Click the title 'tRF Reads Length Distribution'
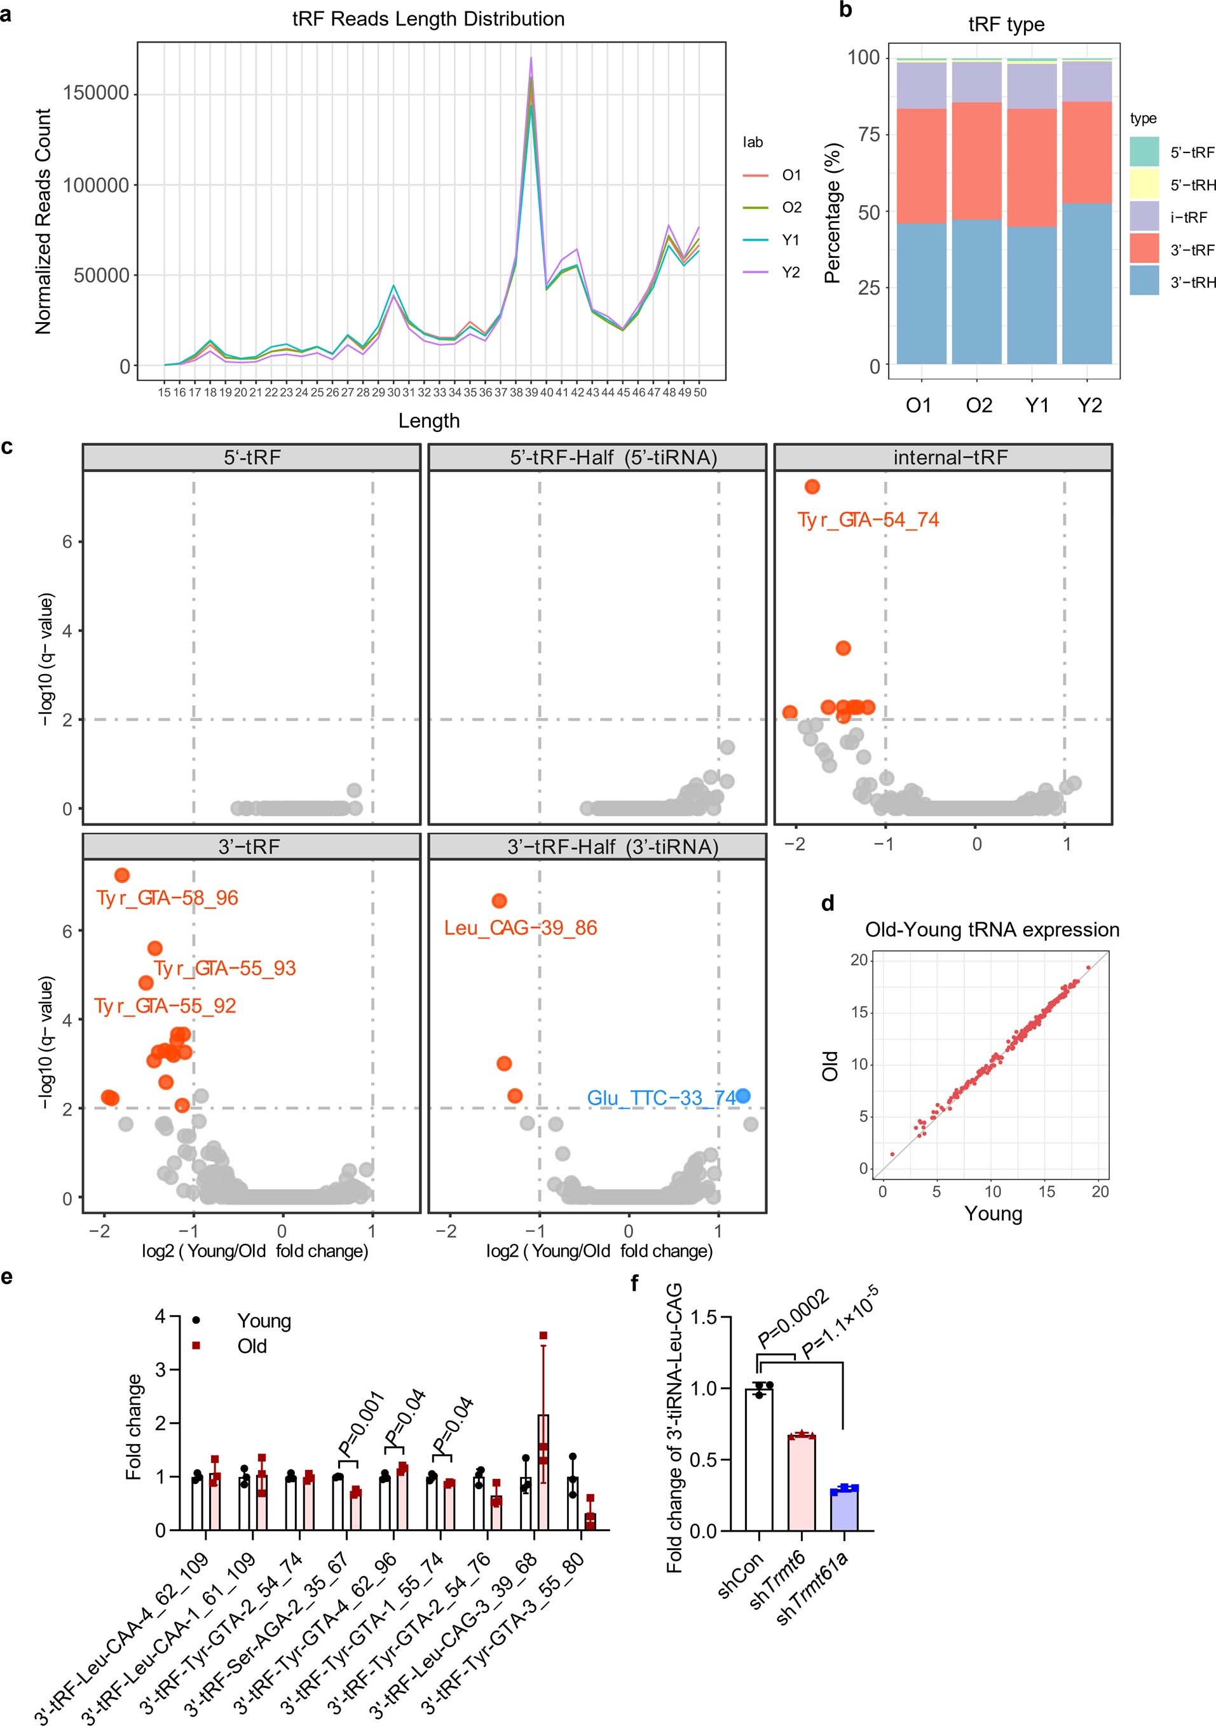[x=428, y=19]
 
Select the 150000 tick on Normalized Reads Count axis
[x=96, y=94]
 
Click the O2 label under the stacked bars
[x=978, y=406]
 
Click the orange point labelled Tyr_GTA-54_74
[x=812, y=487]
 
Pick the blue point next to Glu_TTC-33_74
[x=743, y=1096]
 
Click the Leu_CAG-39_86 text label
[x=521, y=928]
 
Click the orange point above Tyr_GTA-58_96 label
[x=122, y=875]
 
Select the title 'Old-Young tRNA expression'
[x=992, y=930]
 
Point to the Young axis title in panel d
[x=994, y=1214]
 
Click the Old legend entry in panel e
[x=252, y=1345]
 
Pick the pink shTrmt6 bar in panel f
[x=802, y=1483]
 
